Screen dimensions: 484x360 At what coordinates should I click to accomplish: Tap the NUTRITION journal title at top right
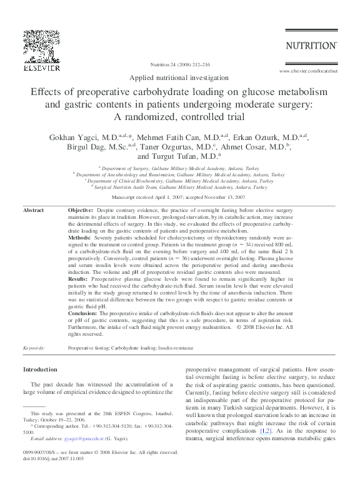[x=311, y=45]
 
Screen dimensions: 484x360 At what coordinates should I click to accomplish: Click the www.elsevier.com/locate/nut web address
[x=310, y=72]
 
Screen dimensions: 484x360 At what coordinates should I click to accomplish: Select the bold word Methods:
[x=79, y=238]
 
